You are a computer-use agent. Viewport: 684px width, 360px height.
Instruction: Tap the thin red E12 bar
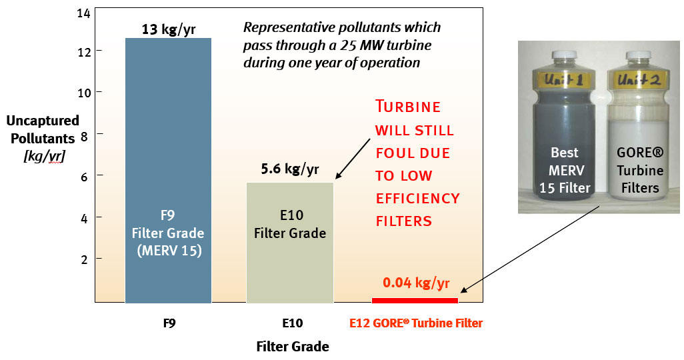pos(415,300)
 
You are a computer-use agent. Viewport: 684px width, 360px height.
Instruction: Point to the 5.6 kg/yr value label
pos(289,169)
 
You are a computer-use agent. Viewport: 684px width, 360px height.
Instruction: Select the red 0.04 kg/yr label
pos(415,283)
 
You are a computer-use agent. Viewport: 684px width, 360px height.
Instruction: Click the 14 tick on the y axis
pos(83,13)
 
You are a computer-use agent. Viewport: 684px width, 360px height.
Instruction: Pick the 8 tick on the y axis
pos(83,133)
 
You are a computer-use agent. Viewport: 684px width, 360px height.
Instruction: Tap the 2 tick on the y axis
pos(83,259)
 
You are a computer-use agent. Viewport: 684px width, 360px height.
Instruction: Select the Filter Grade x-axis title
pos(292,347)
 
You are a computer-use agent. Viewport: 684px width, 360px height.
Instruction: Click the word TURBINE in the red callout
pos(407,107)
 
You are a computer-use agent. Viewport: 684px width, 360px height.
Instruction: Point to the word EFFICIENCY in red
pos(417,199)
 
